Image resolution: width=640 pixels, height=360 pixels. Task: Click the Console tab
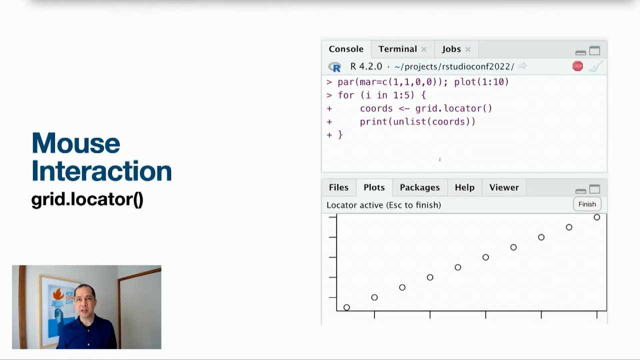pos(345,49)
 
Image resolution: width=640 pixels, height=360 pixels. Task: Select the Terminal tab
pos(397,49)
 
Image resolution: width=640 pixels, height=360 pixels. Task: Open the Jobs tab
pos(451,49)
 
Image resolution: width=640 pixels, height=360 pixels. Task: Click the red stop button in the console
pos(577,66)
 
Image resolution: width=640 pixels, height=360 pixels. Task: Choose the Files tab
pos(338,187)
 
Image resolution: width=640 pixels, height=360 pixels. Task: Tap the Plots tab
pos(374,187)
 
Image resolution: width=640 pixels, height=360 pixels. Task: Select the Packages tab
pos(419,187)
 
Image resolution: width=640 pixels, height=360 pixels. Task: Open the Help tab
pos(464,187)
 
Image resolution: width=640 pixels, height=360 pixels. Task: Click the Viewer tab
pos(503,187)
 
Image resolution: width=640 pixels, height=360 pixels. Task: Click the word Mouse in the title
pos(76,143)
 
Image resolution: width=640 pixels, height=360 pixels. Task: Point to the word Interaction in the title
pos(101,171)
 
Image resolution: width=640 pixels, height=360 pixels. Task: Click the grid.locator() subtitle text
pos(87,199)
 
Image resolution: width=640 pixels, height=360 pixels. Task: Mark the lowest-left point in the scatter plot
pos(346,307)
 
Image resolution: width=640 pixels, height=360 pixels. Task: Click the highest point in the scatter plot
pos(596,217)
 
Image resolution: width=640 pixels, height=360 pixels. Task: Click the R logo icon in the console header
pos(334,66)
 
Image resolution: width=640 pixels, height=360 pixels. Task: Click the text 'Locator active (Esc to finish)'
pos(383,205)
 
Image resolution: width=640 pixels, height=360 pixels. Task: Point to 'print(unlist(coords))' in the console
pos(417,121)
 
